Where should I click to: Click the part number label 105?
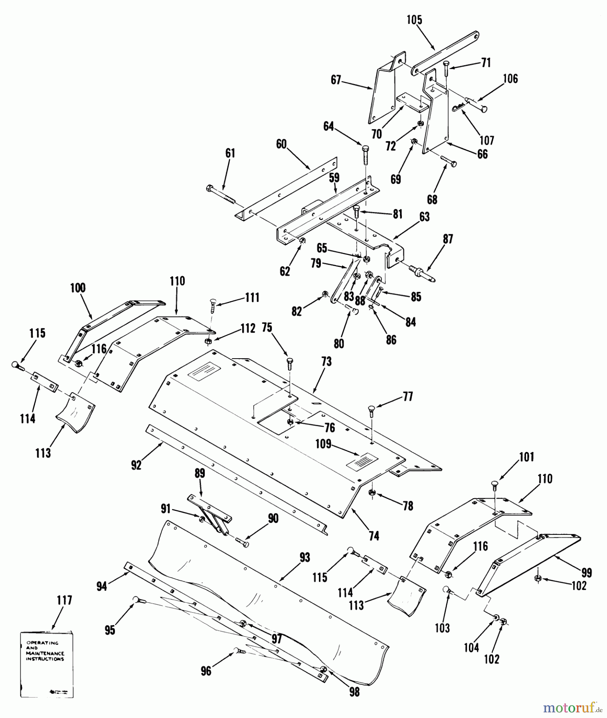tap(415, 20)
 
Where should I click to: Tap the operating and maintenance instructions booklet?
tap(47, 664)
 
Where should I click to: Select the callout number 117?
tap(64, 600)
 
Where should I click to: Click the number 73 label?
tap(326, 362)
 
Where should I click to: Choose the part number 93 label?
tap(304, 558)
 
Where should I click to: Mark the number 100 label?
tap(78, 288)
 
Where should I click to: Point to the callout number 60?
tap(281, 144)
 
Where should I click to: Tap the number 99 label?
tap(586, 573)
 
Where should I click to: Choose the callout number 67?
tap(336, 80)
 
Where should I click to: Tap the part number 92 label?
tap(136, 465)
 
